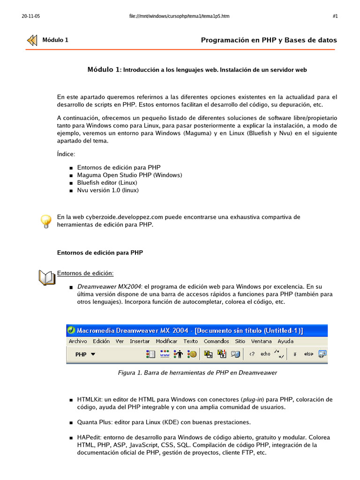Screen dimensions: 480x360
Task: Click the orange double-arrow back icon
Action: point(32,40)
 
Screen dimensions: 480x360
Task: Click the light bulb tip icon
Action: point(45,221)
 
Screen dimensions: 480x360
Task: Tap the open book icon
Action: point(47,277)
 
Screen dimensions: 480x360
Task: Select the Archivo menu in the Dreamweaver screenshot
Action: point(78,341)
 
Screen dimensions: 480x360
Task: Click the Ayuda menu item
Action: point(285,341)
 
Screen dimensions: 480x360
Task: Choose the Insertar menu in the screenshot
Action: point(140,341)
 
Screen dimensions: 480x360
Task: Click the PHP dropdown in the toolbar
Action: point(85,354)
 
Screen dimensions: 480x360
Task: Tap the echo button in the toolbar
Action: point(266,354)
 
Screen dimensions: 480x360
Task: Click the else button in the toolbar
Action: point(308,354)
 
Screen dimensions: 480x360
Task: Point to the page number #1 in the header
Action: point(335,16)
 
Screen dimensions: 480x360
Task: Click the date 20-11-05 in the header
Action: point(30,16)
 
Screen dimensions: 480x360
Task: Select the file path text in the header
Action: point(179,16)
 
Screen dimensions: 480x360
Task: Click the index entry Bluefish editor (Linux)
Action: point(107,183)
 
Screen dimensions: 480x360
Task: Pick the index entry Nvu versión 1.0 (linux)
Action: point(108,190)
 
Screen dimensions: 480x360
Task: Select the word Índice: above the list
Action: point(66,154)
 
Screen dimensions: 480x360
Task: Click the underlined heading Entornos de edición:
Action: point(85,273)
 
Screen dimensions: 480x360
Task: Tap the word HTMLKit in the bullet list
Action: point(89,399)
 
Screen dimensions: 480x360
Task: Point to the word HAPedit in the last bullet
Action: point(89,437)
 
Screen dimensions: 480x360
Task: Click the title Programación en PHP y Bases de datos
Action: point(269,40)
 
